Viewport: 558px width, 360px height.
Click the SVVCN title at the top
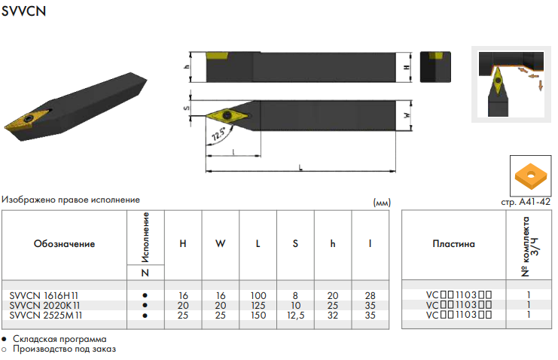24,11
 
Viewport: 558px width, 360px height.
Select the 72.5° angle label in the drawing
218,133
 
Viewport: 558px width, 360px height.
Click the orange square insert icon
530,176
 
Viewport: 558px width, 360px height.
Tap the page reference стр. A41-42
526,202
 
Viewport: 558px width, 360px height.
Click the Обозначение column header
65,244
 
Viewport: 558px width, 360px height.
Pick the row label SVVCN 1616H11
44,295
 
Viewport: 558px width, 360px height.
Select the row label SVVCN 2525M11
46,315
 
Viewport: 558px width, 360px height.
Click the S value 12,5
296,315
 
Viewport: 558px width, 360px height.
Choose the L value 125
258,306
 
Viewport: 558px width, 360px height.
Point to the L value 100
258,295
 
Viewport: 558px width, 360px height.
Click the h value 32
333,315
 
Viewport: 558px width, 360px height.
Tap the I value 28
370,295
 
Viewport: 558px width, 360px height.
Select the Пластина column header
454,244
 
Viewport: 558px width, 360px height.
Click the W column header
221,243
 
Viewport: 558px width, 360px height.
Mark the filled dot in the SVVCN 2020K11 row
145,305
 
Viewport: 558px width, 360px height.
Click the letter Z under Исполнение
145,273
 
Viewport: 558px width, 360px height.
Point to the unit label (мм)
382,203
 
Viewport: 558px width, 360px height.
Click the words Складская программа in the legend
59,339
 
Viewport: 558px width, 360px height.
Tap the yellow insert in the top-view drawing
227,115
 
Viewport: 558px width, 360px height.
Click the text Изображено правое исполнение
71,200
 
